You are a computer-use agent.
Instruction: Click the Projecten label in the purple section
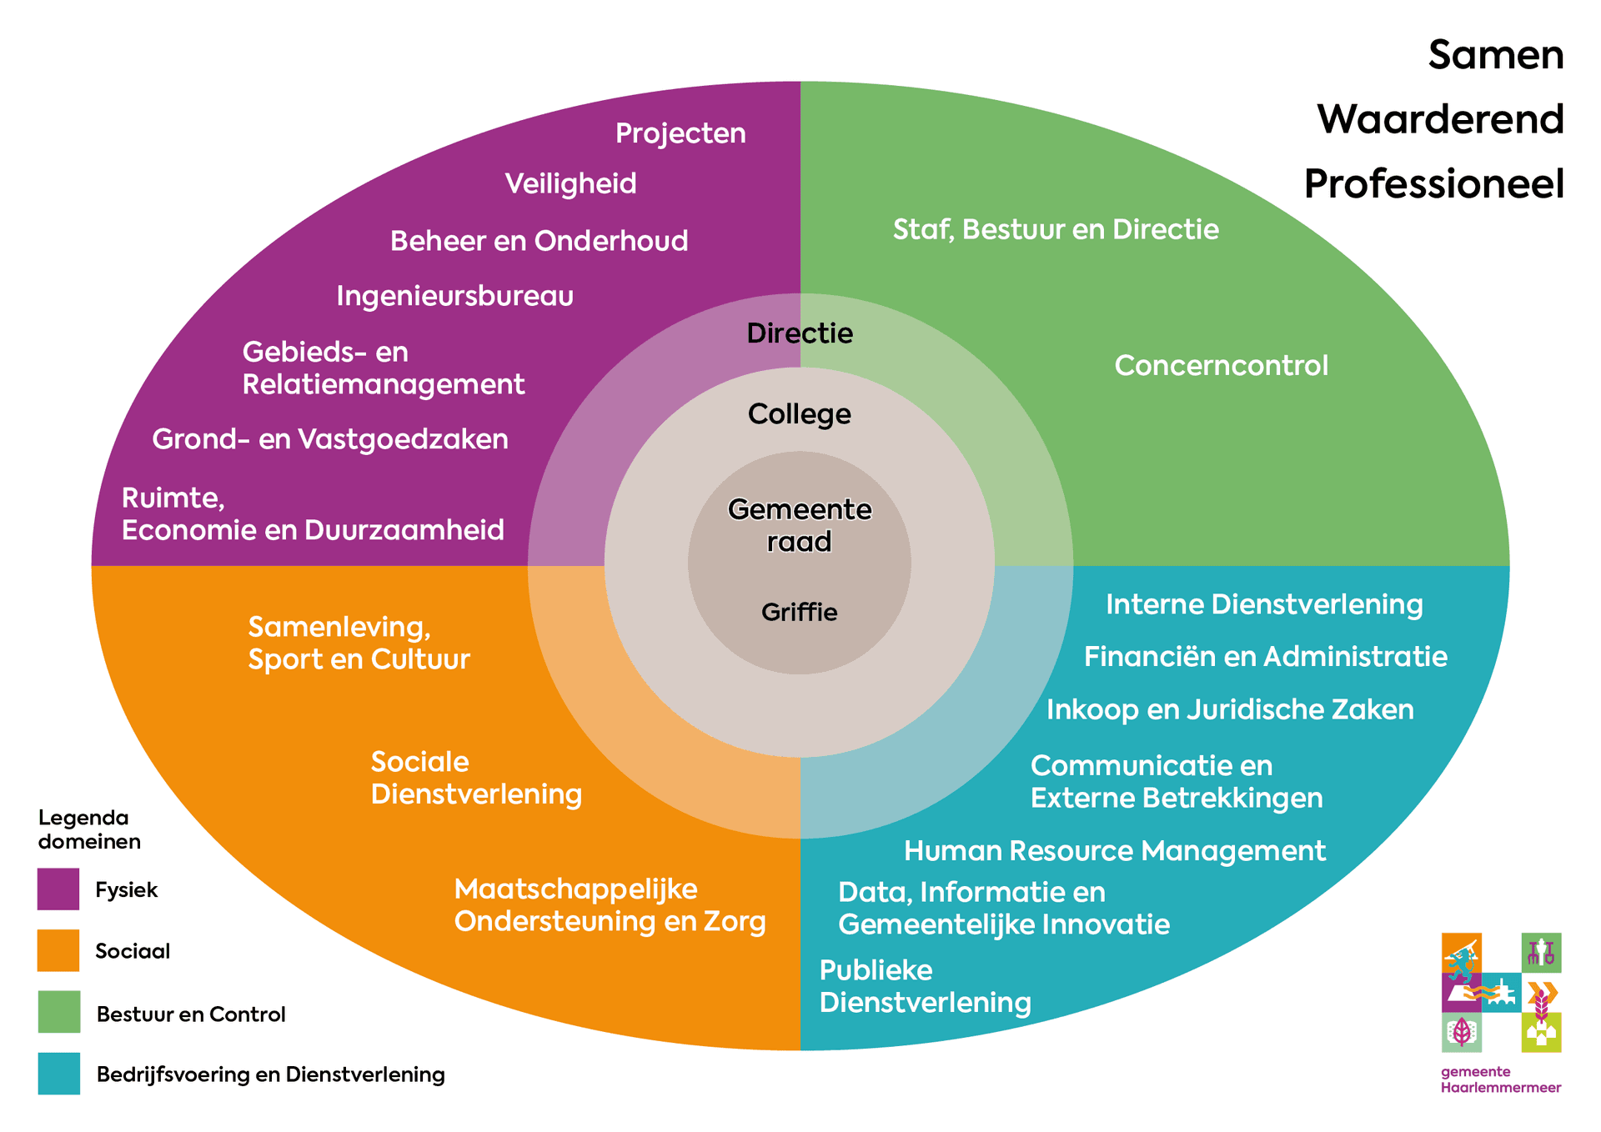coord(680,134)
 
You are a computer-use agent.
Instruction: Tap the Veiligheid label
coord(571,183)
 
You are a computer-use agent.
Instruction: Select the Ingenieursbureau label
coord(455,296)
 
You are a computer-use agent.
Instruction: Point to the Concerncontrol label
coord(1222,365)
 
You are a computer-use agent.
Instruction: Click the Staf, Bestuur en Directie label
coord(1056,229)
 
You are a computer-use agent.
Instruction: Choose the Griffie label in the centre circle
coord(800,613)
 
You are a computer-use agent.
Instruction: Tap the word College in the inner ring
coord(800,414)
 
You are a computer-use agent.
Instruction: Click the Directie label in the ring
coord(800,333)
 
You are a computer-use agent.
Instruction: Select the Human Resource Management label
coord(1115,851)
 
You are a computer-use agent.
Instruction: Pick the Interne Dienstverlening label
coord(1264,604)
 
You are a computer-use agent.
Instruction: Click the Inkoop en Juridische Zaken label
coord(1230,709)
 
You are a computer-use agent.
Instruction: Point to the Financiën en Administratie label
coord(1266,656)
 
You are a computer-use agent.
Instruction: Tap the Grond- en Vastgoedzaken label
coord(330,439)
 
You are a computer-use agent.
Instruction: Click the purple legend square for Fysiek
coord(58,889)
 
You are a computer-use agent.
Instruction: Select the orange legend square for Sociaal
coord(58,951)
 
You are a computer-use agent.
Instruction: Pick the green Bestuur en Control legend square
coord(58,1012)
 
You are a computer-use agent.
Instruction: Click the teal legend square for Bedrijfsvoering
coord(58,1074)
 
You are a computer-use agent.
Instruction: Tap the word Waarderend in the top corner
coord(1440,119)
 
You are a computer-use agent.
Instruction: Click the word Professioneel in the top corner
coord(1434,184)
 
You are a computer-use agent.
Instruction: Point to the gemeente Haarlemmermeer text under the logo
coord(1501,1079)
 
